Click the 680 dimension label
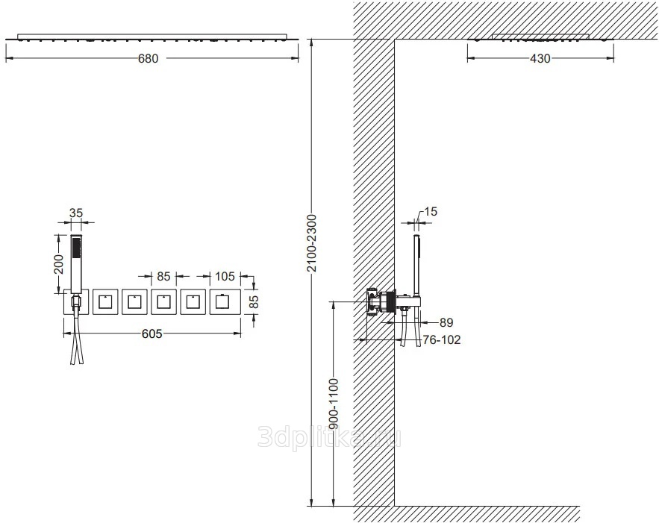tap(149, 58)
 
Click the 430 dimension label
tap(540, 58)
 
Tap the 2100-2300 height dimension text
tap(312, 243)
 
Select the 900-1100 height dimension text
tap(334, 404)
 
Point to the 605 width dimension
tap(152, 333)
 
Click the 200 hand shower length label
tap(59, 264)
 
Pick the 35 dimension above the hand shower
tap(76, 213)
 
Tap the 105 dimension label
tap(225, 276)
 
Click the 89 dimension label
tap(446, 322)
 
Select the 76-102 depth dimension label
tap(441, 339)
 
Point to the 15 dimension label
tap(431, 211)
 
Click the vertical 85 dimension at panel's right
tap(254, 301)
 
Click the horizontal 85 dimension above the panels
tap(163, 276)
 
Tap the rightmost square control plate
tap(225, 301)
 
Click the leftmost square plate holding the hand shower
tap(76, 301)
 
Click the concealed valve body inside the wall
tap(381, 301)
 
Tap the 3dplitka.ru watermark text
tap(329, 437)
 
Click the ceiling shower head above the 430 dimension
tap(540, 37)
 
